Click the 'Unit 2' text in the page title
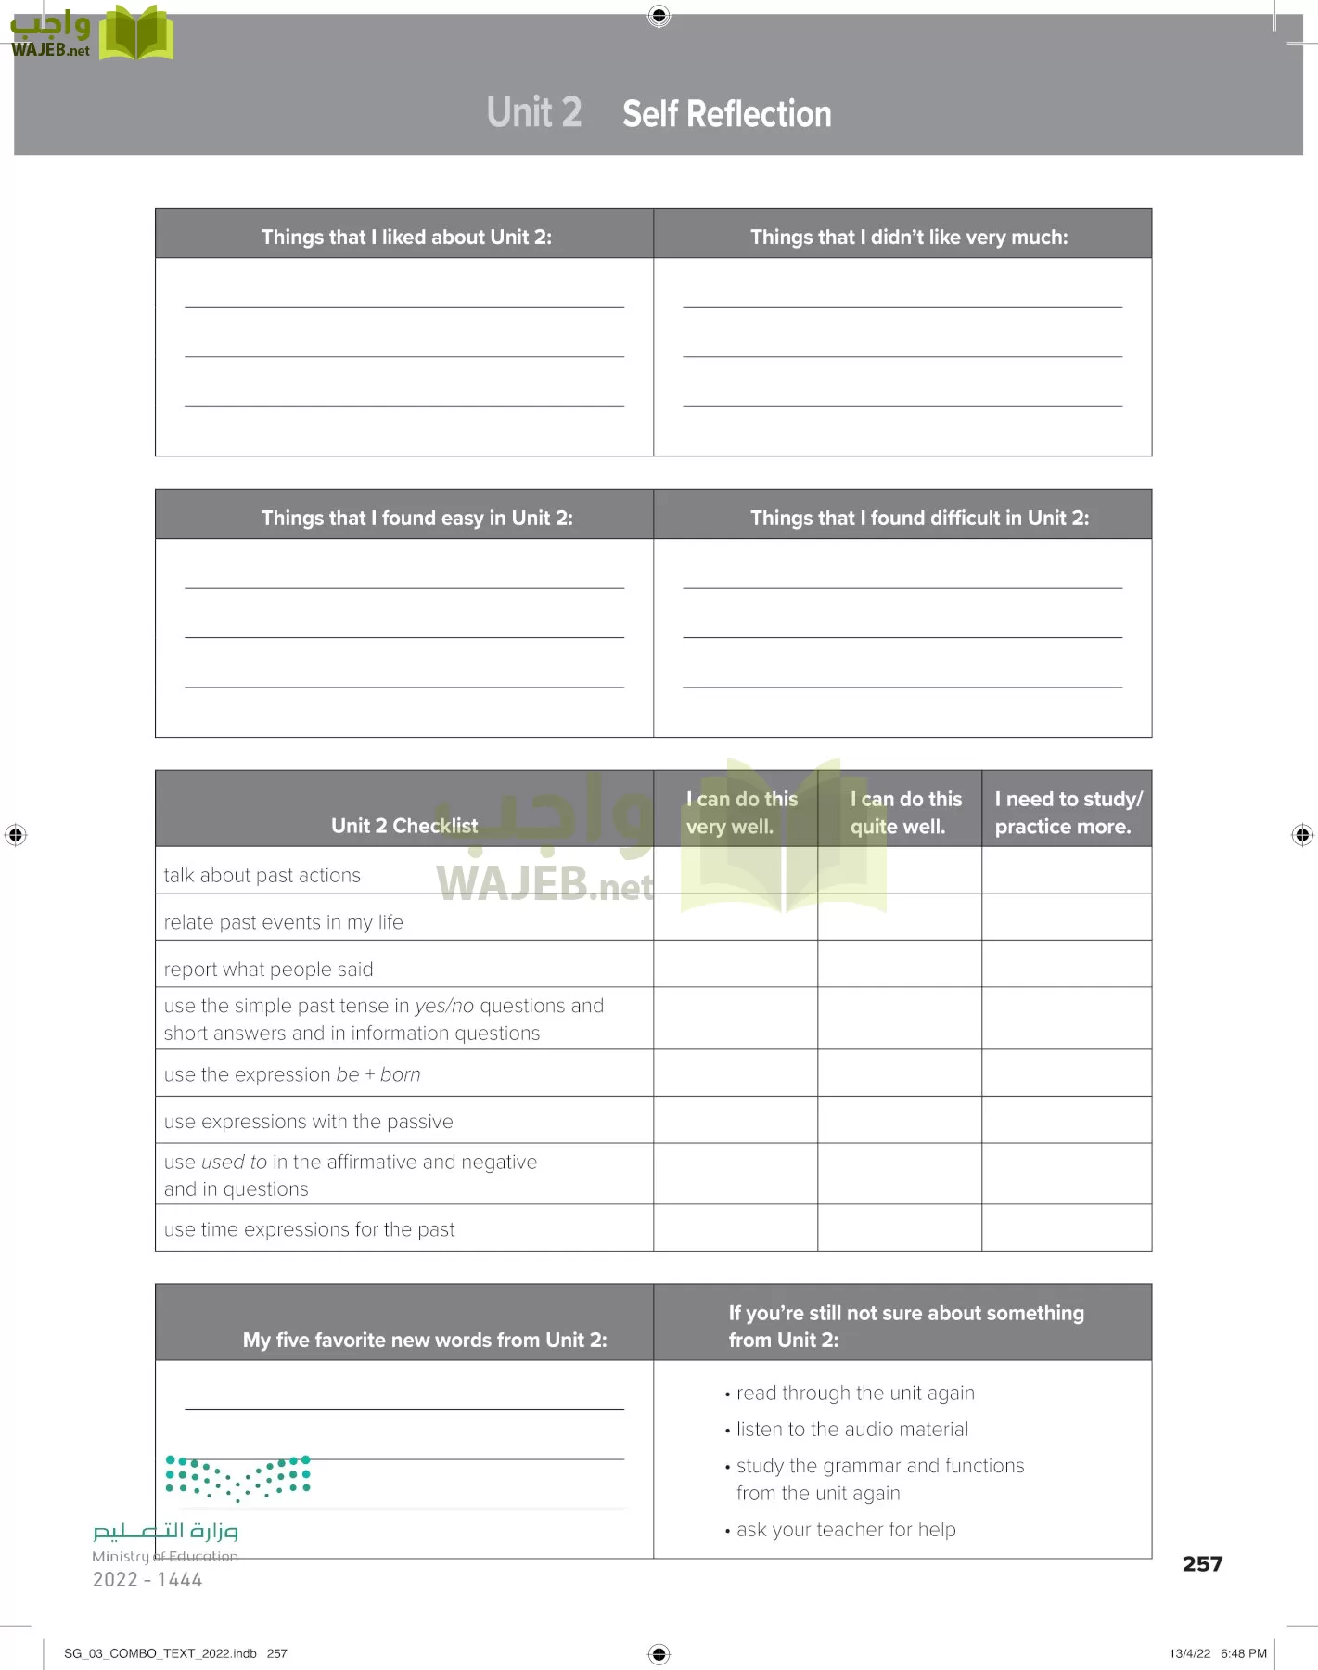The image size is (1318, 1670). click(x=534, y=112)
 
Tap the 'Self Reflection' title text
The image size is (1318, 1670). click(x=726, y=114)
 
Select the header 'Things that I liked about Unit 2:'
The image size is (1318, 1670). click(x=406, y=237)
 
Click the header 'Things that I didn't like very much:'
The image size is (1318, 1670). click(x=908, y=237)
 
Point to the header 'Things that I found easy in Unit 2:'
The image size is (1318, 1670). click(x=416, y=518)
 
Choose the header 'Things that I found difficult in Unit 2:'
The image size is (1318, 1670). click(x=919, y=518)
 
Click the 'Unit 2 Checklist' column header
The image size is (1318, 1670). click(x=404, y=825)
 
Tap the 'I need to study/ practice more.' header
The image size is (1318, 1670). click(x=1068, y=812)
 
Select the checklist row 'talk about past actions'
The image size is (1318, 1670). click(x=262, y=875)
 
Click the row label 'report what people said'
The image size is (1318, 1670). click(x=268, y=969)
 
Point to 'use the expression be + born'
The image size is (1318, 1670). click(x=292, y=1074)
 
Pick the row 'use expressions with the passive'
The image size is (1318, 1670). click(x=308, y=1121)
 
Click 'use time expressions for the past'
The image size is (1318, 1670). click(x=309, y=1229)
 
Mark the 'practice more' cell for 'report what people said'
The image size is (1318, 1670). click(x=1067, y=964)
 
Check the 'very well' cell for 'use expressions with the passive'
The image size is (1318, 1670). click(x=736, y=1120)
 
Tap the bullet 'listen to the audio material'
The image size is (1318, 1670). click(x=851, y=1429)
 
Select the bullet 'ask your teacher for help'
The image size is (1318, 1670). click(x=845, y=1529)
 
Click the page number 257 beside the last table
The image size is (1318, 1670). click(x=1202, y=1563)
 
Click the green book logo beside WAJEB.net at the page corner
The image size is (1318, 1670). click(x=135, y=33)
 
